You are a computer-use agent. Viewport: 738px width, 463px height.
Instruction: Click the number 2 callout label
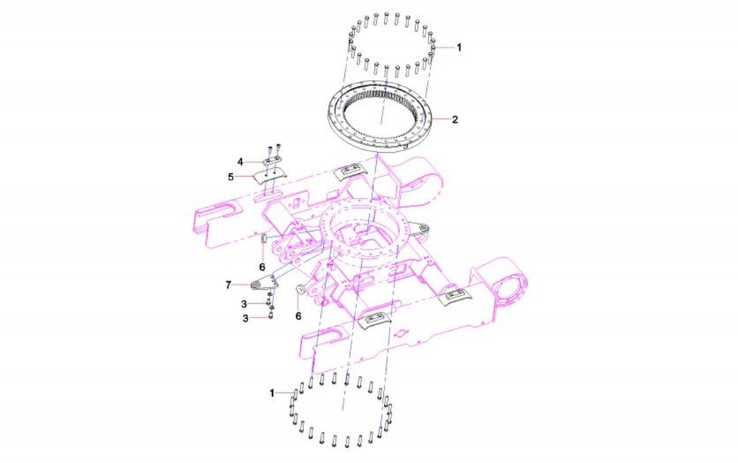455,119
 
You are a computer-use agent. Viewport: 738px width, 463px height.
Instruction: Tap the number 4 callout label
240,162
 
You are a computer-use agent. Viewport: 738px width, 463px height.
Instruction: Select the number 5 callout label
230,177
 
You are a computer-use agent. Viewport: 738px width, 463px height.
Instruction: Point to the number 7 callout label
229,285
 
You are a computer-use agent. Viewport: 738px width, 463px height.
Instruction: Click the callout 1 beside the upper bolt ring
459,47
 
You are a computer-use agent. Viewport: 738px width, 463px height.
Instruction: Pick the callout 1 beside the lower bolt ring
272,393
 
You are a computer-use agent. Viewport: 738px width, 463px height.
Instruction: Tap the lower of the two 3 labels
245,319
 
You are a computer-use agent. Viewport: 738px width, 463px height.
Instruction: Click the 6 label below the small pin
263,267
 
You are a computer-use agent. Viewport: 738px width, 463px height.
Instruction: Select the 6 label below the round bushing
298,316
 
